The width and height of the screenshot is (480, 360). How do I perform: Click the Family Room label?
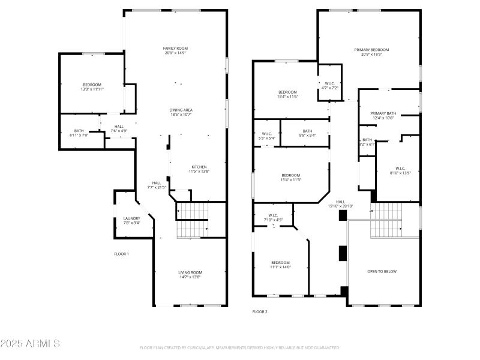[x=176, y=50]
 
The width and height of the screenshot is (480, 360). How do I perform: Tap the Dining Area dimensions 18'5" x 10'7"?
[x=181, y=114]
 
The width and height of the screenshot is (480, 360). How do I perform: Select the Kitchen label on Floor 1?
[x=199, y=169]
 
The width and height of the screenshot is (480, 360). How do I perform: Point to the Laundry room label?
[x=131, y=220]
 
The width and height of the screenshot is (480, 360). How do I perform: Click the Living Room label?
[x=190, y=275]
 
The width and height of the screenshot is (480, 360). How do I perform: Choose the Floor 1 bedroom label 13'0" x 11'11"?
[x=92, y=87]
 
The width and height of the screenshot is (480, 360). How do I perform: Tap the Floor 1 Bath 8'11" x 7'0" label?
[x=79, y=133]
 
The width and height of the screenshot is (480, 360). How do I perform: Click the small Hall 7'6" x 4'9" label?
[x=119, y=128]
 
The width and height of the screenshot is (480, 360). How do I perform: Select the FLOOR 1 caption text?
[x=122, y=254]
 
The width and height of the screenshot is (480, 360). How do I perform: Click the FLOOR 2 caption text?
[x=260, y=312]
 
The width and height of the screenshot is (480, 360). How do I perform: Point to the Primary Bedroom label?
[x=371, y=52]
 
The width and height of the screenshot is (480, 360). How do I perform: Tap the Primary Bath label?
[x=383, y=115]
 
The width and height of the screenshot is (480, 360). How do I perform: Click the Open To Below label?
[x=382, y=271]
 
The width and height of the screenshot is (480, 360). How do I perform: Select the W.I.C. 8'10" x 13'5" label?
[x=400, y=170]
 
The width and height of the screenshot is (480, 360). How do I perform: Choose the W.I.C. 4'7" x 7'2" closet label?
[x=330, y=86]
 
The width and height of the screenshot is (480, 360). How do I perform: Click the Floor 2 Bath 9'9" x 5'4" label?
[x=307, y=133]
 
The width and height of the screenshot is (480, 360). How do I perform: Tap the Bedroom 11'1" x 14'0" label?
[x=280, y=265]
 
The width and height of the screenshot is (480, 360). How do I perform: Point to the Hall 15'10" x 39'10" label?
[x=340, y=204]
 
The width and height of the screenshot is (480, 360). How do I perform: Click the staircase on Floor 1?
[x=192, y=220]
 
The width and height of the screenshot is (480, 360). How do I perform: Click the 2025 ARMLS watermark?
[x=30, y=344]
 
